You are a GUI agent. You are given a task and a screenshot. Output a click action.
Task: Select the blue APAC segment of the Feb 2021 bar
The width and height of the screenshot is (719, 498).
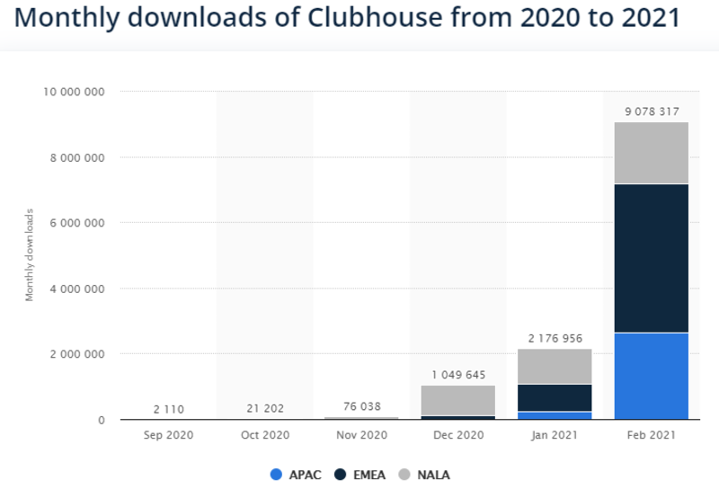(652, 376)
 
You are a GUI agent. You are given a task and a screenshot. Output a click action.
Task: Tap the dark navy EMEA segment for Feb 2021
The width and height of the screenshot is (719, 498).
(652, 258)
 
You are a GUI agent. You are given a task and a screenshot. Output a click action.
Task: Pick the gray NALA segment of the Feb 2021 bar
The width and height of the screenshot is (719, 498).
(652, 153)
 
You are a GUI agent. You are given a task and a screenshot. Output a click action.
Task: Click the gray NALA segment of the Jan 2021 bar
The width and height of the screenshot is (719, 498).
(555, 366)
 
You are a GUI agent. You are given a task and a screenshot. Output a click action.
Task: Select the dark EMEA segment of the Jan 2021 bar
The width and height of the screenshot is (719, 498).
(555, 397)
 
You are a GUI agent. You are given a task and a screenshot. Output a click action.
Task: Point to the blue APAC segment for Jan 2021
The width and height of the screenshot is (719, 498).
(555, 415)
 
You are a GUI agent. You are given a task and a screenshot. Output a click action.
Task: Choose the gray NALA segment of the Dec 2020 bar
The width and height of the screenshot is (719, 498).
(457, 400)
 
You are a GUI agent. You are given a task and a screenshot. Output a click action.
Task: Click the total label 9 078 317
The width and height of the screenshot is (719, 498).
(652, 111)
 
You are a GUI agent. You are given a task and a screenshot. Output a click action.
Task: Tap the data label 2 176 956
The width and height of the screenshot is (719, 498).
(555, 338)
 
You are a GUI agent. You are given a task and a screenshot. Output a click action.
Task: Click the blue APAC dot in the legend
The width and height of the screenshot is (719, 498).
(276, 474)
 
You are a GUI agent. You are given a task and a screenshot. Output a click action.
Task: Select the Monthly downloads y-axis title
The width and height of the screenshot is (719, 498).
(30, 254)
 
